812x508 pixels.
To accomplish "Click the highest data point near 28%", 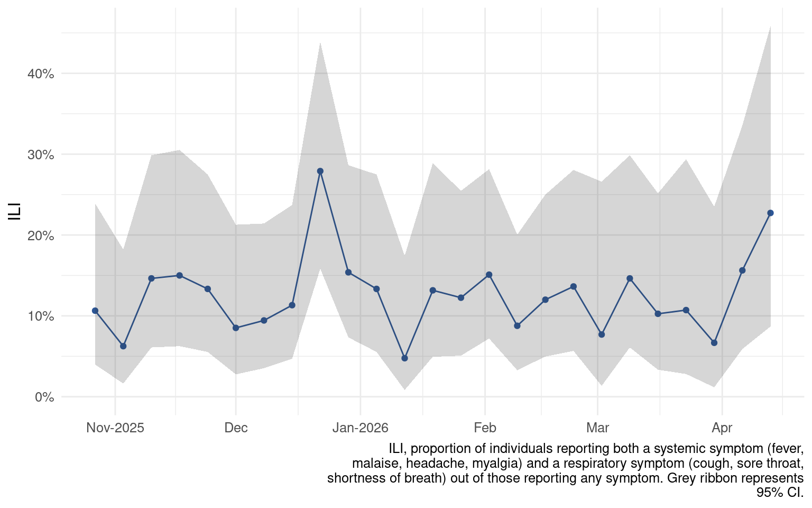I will [320, 171].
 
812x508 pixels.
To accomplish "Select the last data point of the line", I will [770, 213].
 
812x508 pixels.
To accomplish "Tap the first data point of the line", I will [95, 311].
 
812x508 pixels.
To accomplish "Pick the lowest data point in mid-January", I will [404, 358].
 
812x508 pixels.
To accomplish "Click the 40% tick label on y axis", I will [41, 74].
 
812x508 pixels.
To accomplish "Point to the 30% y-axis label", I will [41, 155].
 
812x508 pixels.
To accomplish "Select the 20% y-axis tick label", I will [41, 235].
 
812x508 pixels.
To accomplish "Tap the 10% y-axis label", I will [41, 316].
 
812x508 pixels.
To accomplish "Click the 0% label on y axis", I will [44, 397].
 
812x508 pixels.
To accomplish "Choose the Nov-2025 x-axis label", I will [115, 428].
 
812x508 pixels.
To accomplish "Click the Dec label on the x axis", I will [236, 428].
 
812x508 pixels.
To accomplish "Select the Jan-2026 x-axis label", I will [360, 428].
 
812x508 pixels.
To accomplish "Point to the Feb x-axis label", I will [485, 428].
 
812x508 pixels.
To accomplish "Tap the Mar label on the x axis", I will [597, 428].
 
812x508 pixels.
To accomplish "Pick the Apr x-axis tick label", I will [722, 428].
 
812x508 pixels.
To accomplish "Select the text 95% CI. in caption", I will [780, 492].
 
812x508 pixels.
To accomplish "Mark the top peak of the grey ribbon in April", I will [770, 26].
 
